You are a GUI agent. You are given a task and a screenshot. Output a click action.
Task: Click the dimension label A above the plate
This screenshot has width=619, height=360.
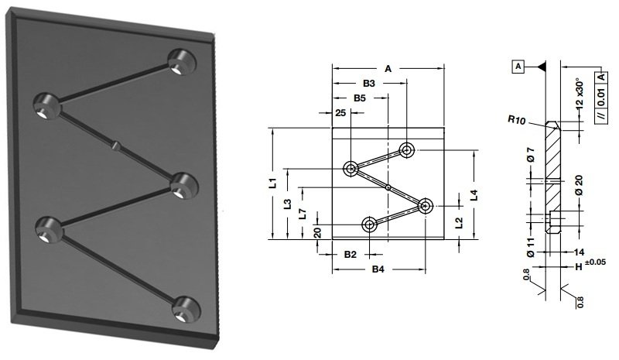[388, 69]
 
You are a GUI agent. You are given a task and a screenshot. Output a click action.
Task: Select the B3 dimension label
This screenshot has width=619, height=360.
[369, 84]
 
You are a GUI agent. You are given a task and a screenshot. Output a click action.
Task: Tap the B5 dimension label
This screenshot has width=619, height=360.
[359, 98]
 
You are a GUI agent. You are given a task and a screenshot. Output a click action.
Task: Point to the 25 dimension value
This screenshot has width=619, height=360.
[340, 113]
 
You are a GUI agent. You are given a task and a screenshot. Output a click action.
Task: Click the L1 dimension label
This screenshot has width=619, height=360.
[274, 183]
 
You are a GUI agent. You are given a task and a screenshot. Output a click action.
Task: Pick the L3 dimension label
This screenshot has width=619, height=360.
[287, 204]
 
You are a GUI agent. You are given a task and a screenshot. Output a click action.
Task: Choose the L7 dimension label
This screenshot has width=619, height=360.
[302, 214]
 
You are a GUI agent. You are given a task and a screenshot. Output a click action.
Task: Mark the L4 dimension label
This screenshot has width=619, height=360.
[474, 195]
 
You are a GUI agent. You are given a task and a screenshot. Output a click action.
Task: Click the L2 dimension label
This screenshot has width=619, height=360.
[459, 223]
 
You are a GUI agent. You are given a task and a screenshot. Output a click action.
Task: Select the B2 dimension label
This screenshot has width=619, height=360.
[351, 255]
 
